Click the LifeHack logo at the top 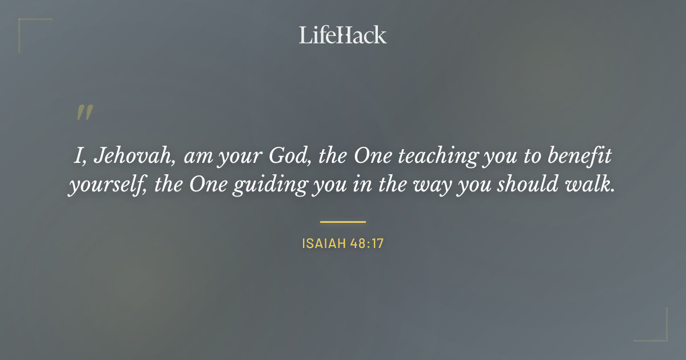coord(343,35)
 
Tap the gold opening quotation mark coord(85,113)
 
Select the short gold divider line coord(343,221)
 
